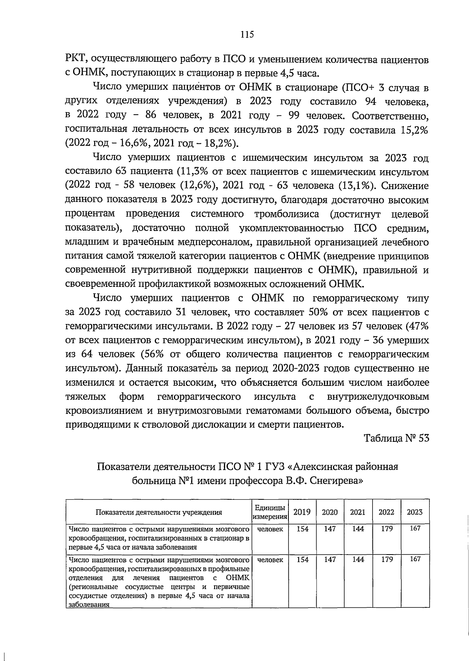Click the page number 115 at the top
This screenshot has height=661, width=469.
point(247,34)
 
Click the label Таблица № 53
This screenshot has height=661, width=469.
point(397,438)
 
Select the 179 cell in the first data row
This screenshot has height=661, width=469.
point(387,529)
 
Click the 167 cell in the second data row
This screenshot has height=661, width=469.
point(415,559)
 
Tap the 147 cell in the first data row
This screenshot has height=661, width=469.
point(330,529)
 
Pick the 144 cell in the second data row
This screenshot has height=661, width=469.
point(358,560)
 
